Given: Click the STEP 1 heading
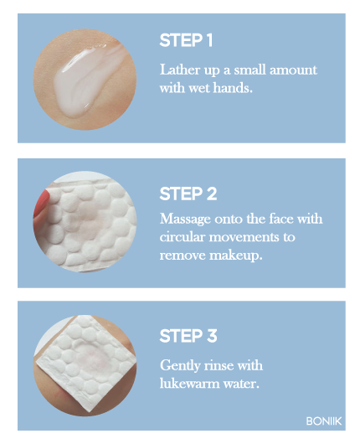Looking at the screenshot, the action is (x=186, y=40).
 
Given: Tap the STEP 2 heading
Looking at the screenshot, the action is (x=188, y=194).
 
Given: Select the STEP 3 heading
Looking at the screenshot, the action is (x=188, y=336).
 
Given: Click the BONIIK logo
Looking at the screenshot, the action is (x=324, y=421).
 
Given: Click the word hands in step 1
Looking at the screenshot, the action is (x=233, y=88).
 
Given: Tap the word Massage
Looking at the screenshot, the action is (x=185, y=219).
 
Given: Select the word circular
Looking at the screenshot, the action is (x=182, y=237).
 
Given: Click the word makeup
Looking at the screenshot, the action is (x=235, y=256).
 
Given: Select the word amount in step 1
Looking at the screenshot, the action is (x=293, y=70).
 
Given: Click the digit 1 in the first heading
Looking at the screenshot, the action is (x=209, y=40).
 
